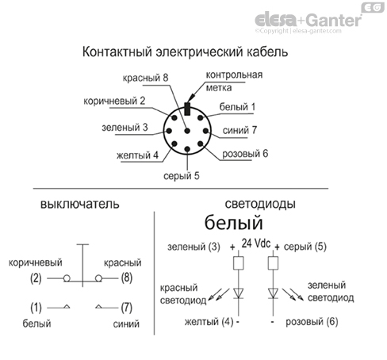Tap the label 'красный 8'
point(146,79)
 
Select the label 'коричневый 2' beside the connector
point(115,101)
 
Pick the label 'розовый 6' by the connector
point(246,153)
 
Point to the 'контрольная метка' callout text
point(234,82)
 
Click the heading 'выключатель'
point(73,204)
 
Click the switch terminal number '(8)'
point(127,278)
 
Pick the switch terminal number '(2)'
point(36,278)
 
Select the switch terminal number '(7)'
point(126,307)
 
